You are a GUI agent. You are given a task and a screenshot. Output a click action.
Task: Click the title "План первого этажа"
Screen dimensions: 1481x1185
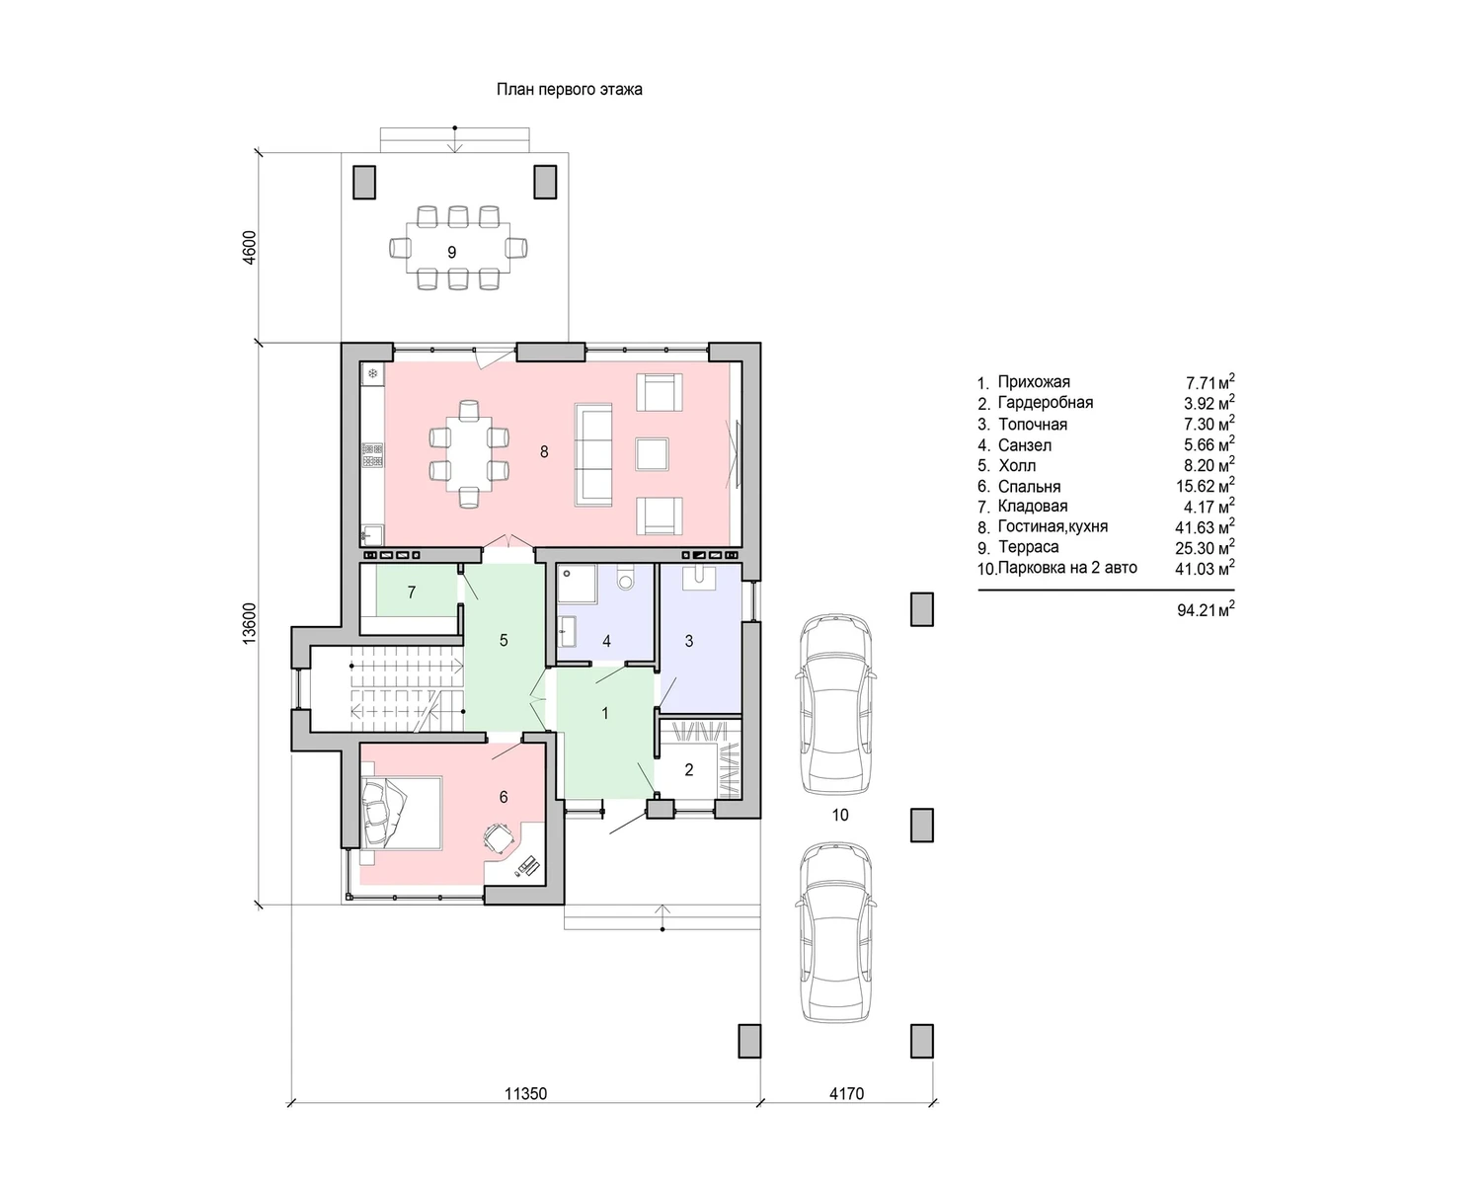(569, 90)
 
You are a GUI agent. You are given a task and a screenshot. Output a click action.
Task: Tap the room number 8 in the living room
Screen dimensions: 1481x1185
(544, 451)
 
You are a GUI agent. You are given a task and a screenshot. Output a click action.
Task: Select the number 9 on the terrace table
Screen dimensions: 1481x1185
(451, 253)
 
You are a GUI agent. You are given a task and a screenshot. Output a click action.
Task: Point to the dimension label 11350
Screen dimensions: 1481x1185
(526, 1093)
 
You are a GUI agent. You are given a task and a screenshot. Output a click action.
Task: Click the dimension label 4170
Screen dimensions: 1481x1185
(846, 1093)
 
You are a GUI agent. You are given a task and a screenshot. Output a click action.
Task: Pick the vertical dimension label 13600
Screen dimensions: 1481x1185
(249, 623)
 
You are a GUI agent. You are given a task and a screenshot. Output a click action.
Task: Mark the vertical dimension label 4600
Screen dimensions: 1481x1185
(249, 247)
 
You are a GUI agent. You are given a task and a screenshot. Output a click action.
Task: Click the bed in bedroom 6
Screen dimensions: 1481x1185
(402, 813)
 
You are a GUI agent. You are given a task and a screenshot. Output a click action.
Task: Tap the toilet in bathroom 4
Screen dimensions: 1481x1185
(626, 579)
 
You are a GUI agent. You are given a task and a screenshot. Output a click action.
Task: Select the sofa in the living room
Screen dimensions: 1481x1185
(592, 454)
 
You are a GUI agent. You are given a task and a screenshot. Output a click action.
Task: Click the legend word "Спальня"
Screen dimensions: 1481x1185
(1029, 487)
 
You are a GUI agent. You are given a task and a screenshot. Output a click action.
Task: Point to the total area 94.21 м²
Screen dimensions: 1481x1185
(1206, 610)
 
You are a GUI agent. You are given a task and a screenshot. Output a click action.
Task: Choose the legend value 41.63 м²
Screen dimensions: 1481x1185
(1205, 527)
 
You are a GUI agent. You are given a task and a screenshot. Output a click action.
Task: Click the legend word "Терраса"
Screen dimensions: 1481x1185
(1028, 547)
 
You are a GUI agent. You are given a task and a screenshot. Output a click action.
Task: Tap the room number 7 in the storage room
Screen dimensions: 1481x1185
(412, 592)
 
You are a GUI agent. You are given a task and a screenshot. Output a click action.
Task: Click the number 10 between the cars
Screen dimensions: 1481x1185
(840, 816)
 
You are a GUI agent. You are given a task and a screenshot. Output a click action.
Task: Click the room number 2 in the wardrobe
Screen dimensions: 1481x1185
(689, 770)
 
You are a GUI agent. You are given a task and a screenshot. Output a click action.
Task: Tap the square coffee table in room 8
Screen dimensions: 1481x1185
(652, 454)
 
